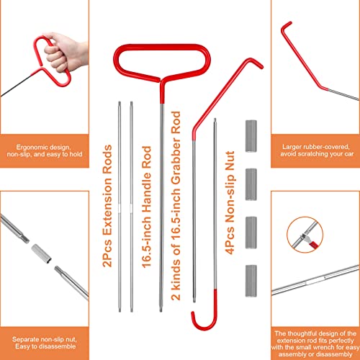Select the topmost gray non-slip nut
coord(251,136)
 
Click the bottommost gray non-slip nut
coord(251,281)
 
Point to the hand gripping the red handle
coord(63,52)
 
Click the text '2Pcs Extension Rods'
coord(107,206)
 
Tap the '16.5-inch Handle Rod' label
coord(146,207)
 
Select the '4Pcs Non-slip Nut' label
coord(230,203)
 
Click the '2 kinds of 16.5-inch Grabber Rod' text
coord(176,206)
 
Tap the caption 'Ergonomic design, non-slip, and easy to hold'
coord(45,150)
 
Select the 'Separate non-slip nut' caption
coord(45,343)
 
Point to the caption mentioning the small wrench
coord(315,343)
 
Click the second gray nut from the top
coord(251,184)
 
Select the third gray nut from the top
coord(251,233)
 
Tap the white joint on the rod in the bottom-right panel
coord(315,280)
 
